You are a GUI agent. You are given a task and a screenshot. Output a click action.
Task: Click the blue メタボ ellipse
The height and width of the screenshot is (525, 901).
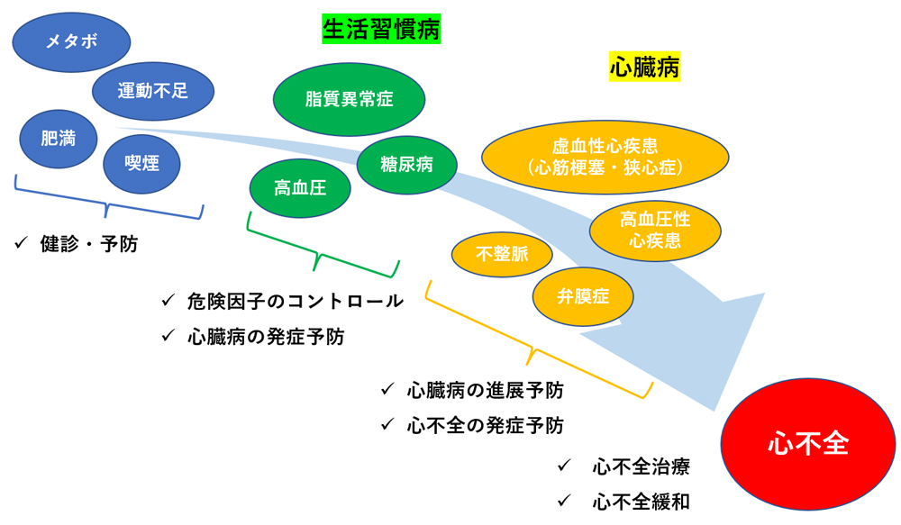pos(71,41)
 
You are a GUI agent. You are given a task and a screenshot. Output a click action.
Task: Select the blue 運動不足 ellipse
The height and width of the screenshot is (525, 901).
pos(153,91)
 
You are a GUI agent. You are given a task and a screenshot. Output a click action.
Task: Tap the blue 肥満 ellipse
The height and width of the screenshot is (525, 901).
pos(59,139)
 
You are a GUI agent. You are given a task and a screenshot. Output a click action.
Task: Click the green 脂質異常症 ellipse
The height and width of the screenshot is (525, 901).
pos(350,99)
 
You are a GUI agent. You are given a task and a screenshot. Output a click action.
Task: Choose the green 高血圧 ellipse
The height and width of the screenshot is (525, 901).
pos(300,188)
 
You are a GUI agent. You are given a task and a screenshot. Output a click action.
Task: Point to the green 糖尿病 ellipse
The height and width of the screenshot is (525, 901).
pos(407,165)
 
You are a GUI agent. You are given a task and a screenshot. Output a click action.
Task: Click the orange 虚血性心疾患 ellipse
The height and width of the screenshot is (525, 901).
pos(605,156)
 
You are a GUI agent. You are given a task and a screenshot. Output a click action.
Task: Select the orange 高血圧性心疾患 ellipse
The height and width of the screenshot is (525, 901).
pos(655,230)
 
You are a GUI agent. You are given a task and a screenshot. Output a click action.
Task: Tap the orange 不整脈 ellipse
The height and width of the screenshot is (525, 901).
pos(502,254)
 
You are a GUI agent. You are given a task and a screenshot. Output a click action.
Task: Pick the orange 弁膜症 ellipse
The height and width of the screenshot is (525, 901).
pos(583,295)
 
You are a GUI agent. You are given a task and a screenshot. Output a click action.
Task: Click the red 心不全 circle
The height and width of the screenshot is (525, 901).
pos(808,443)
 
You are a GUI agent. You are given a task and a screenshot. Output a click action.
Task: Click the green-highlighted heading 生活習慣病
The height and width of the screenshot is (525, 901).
pos(381,29)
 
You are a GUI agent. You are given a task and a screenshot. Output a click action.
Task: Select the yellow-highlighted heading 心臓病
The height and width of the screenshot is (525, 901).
pos(644,68)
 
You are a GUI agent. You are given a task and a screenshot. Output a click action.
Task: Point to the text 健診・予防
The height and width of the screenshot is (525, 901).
pos(89,244)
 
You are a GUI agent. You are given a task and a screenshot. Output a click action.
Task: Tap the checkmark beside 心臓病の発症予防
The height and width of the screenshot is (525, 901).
pos(168,336)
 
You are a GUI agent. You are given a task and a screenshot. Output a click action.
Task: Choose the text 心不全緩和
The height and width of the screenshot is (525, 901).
pos(642,502)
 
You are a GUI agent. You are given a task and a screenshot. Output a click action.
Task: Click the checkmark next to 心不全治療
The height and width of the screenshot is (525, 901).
pos(564,466)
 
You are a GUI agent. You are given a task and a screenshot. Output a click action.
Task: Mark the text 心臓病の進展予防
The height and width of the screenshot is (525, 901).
pos(486,390)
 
